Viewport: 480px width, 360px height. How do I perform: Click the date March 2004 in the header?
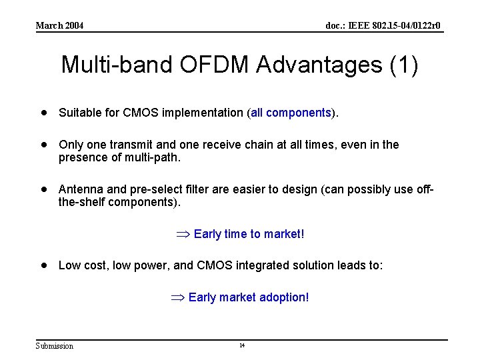[60, 25]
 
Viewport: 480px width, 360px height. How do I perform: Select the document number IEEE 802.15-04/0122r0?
[383, 25]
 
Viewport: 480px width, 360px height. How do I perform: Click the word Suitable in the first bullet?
[78, 113]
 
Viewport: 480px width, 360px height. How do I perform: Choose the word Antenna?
[80, 189]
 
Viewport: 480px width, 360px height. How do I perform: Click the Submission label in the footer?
[55, 345]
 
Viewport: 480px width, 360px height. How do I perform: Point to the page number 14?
[242, 345]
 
